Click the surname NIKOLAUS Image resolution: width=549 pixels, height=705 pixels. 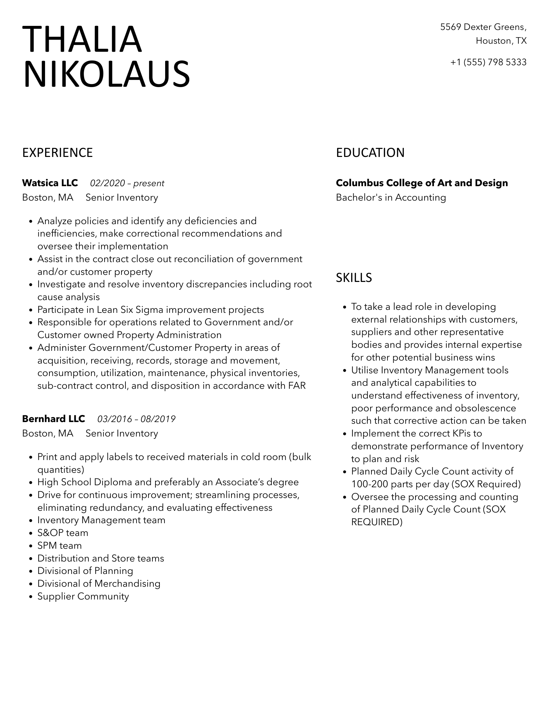[x=106, y=74]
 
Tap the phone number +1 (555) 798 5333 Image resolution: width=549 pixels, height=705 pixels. [x=488, y=62]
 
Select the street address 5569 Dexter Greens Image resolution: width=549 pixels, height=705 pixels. [x=483, y=27]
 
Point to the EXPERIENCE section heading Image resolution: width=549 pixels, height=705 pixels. [x=58, y=153]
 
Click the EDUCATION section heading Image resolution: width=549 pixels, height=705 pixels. [x=370, y=153]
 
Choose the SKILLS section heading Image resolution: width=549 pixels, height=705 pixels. [x=354, y=278]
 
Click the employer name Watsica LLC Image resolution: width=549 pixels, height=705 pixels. [x=50, y=183]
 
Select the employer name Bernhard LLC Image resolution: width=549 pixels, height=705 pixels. [x=53, y=419]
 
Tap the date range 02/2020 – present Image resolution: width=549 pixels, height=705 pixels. [x=127, y=183]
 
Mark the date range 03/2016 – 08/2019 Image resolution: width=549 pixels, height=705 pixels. [x=136, y=419]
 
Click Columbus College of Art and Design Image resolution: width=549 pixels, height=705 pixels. [x=422, y=183]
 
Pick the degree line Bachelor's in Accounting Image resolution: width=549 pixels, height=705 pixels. [x=391, y=197]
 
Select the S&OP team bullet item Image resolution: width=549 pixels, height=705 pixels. [x=63, y=533]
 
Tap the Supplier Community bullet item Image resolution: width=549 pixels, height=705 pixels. [x=83, y=596]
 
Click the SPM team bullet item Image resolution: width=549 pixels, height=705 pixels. [x=60, y=545]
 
